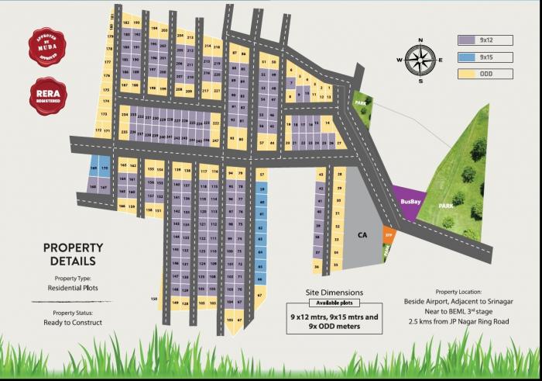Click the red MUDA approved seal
[47, 49]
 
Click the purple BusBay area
[410, 200]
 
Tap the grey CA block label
[362, 234]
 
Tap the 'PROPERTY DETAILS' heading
[74, 255]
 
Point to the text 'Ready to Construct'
[74, 322]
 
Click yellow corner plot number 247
[215, 140]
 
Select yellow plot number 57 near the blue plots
[262, 174]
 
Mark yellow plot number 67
[260, 296]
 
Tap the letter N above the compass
[420, 40]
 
